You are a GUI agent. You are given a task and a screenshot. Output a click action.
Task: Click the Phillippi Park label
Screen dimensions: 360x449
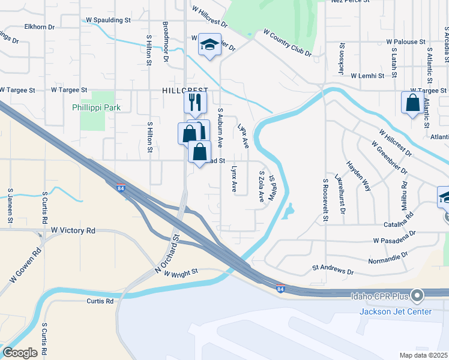pos(97,108)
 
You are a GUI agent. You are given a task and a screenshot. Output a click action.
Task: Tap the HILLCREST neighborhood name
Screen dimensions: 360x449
pos(184,90)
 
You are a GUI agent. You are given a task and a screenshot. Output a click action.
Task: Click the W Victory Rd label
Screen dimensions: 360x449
pos(73,230)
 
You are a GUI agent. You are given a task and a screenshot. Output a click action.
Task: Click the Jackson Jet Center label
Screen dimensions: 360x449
pos(395,311)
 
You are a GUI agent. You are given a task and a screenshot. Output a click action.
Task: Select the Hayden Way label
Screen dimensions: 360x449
pos(358,175)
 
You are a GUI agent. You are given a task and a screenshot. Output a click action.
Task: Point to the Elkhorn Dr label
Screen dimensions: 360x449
pos(40,27)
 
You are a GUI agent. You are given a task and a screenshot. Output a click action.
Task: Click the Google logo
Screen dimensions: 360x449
pos(20,352)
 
